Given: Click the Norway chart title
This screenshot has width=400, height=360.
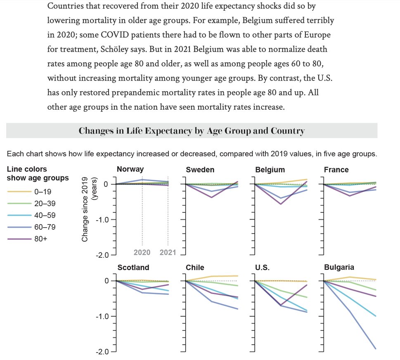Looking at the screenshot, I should [x=130, y=169].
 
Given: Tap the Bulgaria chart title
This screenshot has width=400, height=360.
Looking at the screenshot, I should [x=339, y=268].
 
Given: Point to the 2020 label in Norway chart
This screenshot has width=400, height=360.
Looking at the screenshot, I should [x=142, y=252].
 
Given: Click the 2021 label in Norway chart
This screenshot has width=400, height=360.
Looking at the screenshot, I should [x=167, y=252].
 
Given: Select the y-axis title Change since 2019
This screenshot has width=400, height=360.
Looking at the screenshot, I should [x=89, y=209].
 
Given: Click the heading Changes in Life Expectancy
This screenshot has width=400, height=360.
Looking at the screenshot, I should [x=192, y=131].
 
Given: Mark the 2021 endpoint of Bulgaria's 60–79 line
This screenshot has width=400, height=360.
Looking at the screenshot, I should [x=376, y=349].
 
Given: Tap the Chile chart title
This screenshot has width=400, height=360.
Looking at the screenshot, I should [x=195, y=268].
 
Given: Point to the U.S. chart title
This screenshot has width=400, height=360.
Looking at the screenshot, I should [x=263, y=268].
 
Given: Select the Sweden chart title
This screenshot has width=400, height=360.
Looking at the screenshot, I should [x=200, y=169].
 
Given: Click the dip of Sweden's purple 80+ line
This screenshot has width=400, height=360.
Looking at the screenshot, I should [x=212, y=197].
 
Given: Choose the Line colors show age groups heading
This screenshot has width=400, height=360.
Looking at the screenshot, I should [x=38, y=173].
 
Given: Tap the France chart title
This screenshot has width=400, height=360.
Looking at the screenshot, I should [x=336, y=169].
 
